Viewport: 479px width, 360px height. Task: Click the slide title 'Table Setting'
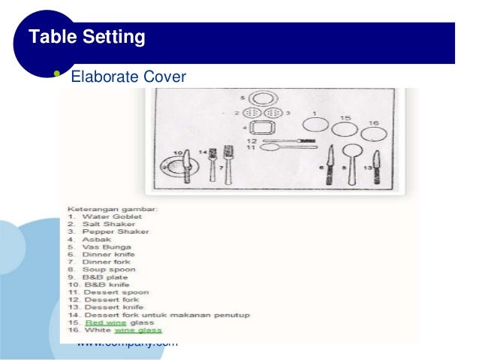(86, 36)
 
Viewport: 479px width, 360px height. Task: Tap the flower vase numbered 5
(260, 98)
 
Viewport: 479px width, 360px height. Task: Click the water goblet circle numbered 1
(315, 125)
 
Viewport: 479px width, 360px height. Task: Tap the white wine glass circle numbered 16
(374, 135)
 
